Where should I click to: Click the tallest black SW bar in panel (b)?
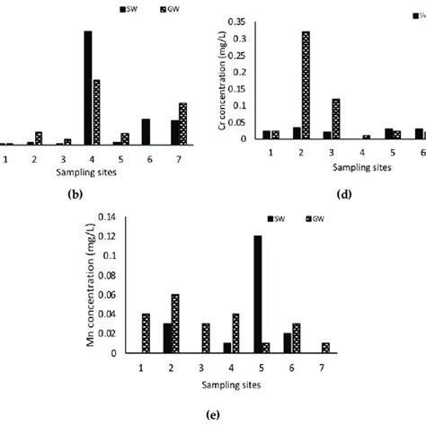(x=88, y=87)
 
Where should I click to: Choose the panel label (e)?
(x=212, y=414)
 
